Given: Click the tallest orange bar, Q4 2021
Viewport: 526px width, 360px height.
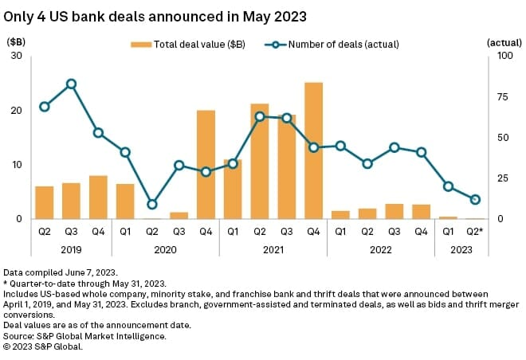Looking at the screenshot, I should tap(314, 151).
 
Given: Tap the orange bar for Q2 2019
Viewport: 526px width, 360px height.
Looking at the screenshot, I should tap(45, 202).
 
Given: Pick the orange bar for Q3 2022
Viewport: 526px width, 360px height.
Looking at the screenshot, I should tap(394, 211).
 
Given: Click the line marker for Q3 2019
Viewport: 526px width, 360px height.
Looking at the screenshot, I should tap(72, 84).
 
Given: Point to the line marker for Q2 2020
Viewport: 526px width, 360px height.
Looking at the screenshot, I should tap(152, 204).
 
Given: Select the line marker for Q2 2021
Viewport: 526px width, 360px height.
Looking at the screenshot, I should tap(260, 116).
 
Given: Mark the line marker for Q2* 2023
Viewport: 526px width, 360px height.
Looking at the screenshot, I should tap(475, 199).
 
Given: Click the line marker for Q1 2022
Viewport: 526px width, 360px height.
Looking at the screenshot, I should tap(340, 146).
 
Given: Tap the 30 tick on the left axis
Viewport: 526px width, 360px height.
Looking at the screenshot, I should tap(17, 56).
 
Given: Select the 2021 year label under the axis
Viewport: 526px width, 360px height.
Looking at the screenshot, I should tap(273, 249).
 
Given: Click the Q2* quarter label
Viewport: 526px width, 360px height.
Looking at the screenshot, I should tap(476, 233).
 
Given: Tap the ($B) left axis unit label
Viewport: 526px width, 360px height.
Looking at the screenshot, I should tap(16, 41).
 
